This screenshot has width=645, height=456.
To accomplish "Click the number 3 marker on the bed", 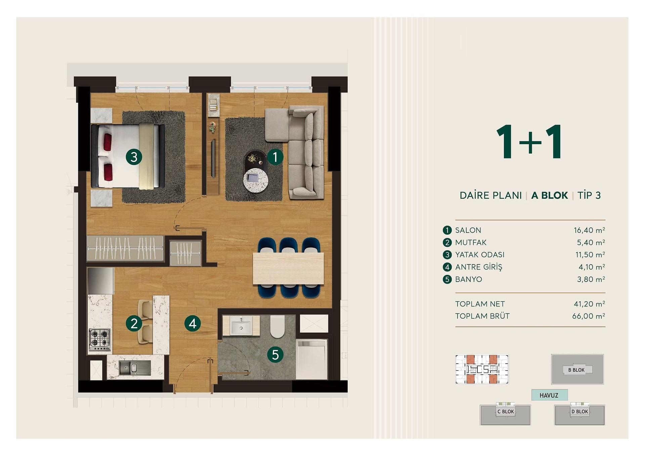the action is tap(134, 157).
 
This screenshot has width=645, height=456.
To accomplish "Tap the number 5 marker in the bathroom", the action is tap(275, 355).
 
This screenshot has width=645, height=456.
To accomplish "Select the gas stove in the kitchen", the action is tap(100, 339).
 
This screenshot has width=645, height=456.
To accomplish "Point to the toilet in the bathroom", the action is tap(277, 326).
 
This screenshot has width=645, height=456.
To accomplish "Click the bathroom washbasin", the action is tap(241, 325).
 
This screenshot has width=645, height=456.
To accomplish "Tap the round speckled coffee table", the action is tap(256, 180).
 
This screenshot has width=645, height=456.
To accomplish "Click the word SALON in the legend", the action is tap(468, 230).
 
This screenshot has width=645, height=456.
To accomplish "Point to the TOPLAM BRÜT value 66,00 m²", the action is tap(589, 316).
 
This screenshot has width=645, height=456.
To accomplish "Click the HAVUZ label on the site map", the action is tap(549, 396).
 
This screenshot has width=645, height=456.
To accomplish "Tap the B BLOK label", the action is tap(576, 370).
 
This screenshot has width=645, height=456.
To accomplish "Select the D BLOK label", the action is tap(580, 412).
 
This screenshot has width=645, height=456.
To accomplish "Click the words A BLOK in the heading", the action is tap(550, 195).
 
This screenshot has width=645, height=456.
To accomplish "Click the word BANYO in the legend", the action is tap(469, 279).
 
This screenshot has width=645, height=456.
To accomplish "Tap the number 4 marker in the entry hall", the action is tap(192, 323).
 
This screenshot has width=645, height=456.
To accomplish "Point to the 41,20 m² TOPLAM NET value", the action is tap(590, 304).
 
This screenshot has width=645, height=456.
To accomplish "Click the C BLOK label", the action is tap(506, 412).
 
